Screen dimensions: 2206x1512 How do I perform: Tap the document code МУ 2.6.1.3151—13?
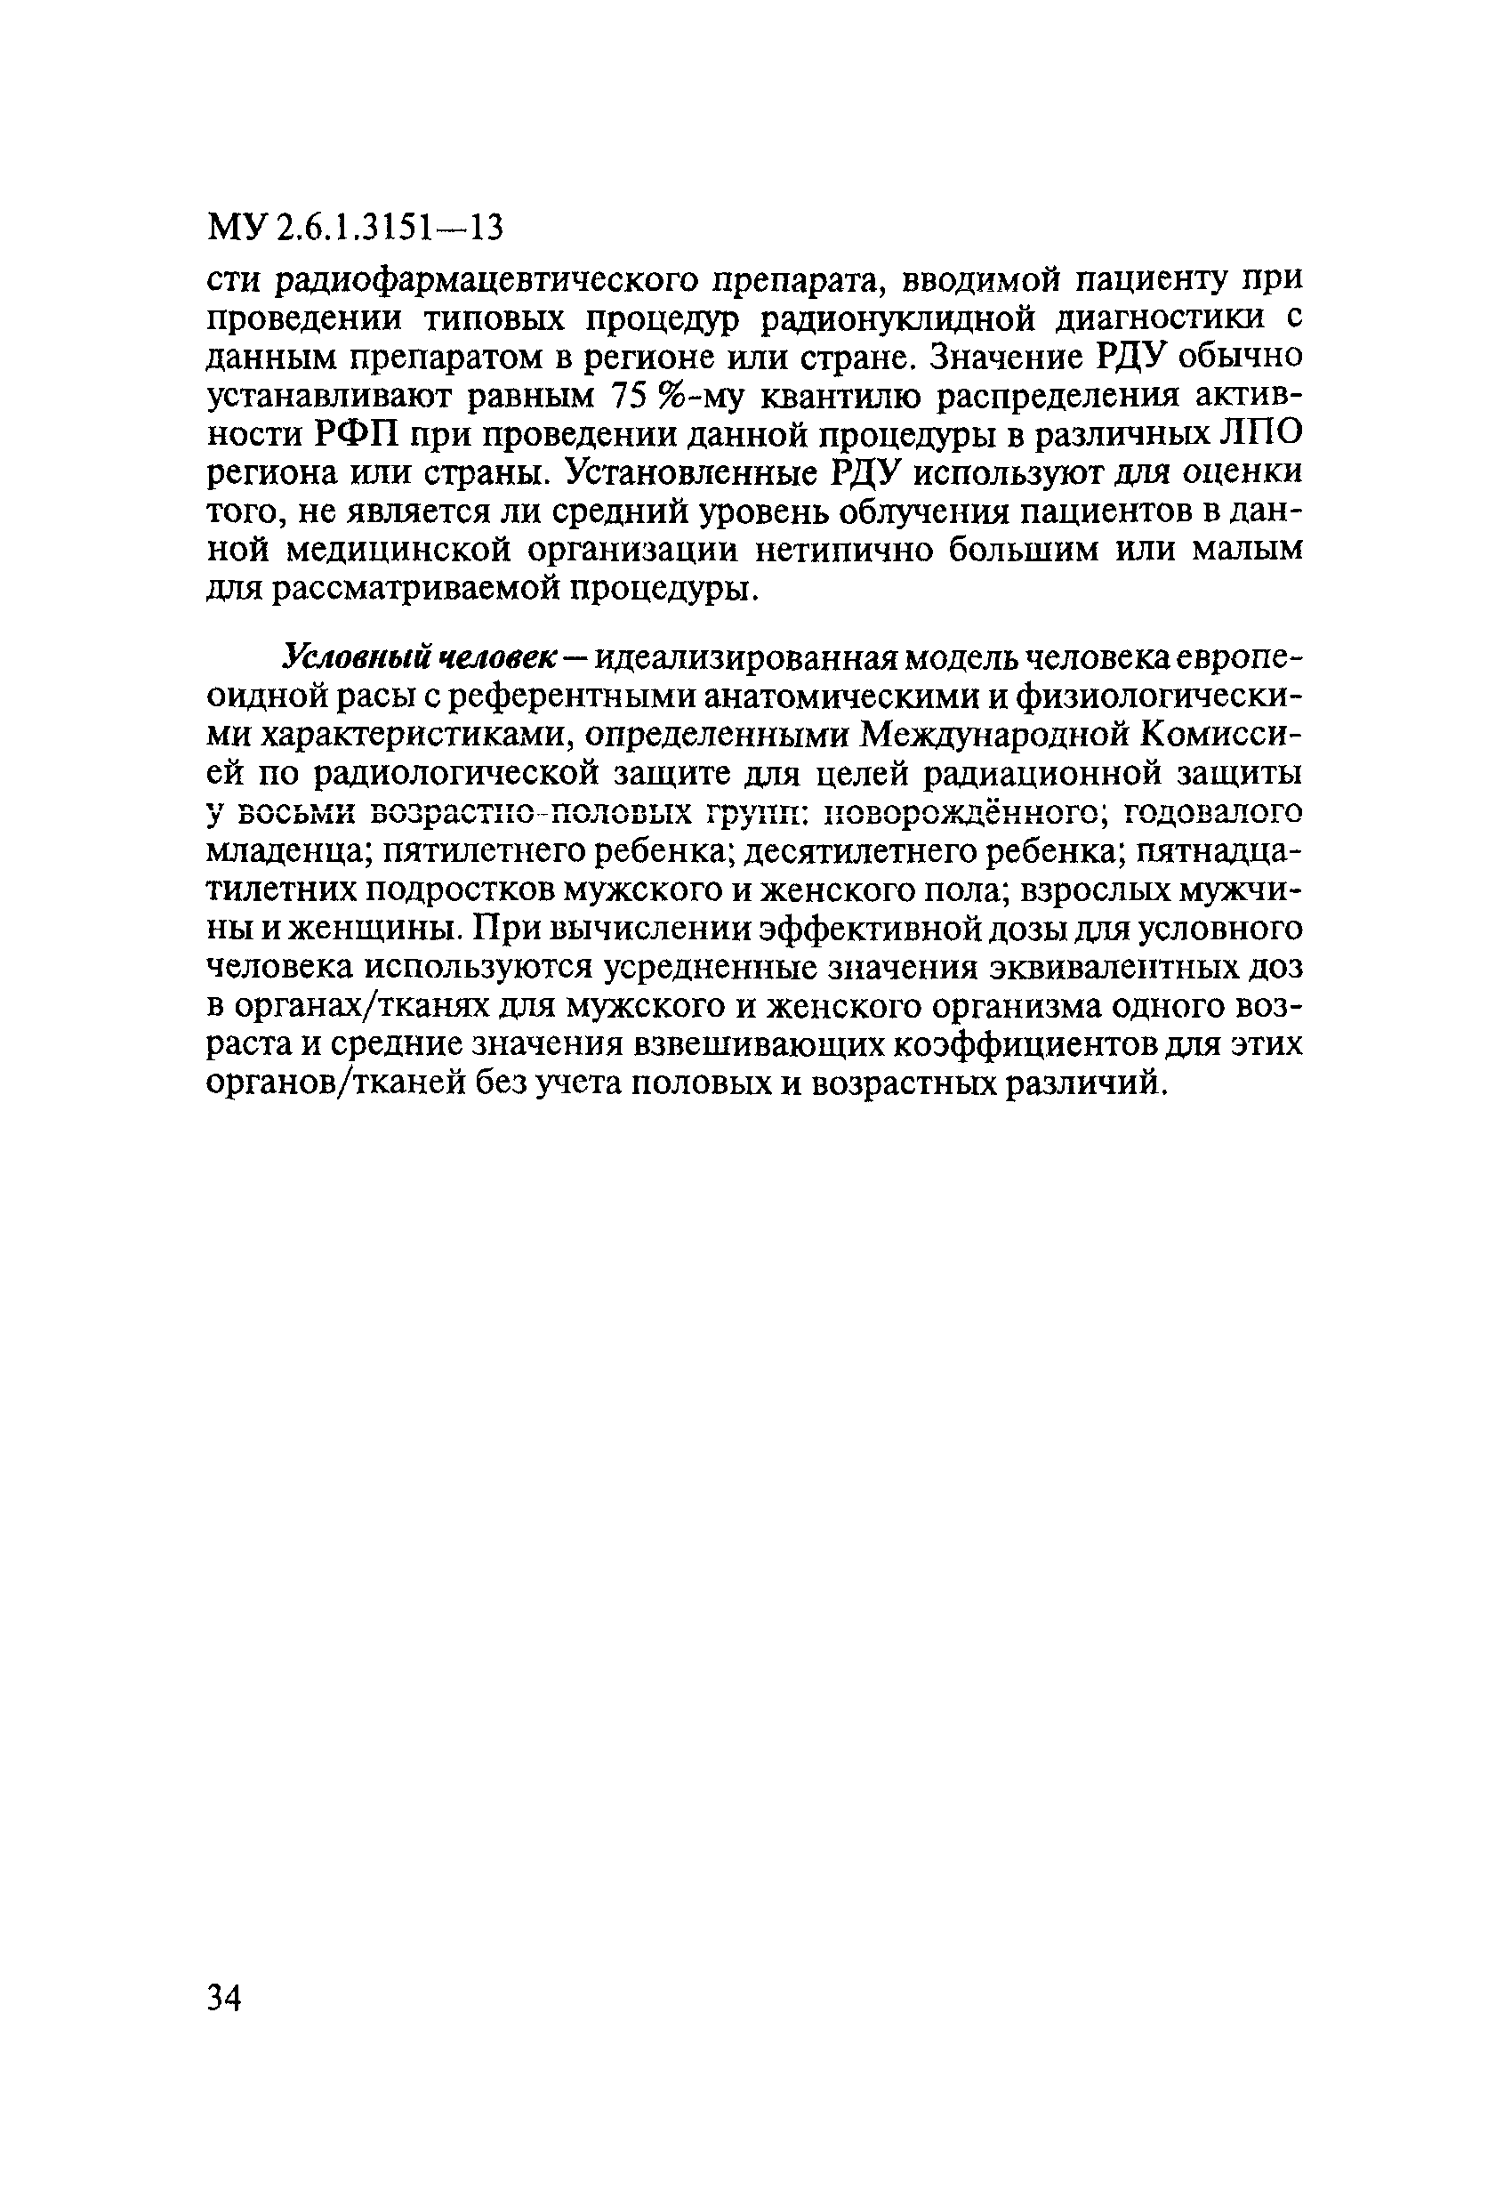(355, 229)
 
